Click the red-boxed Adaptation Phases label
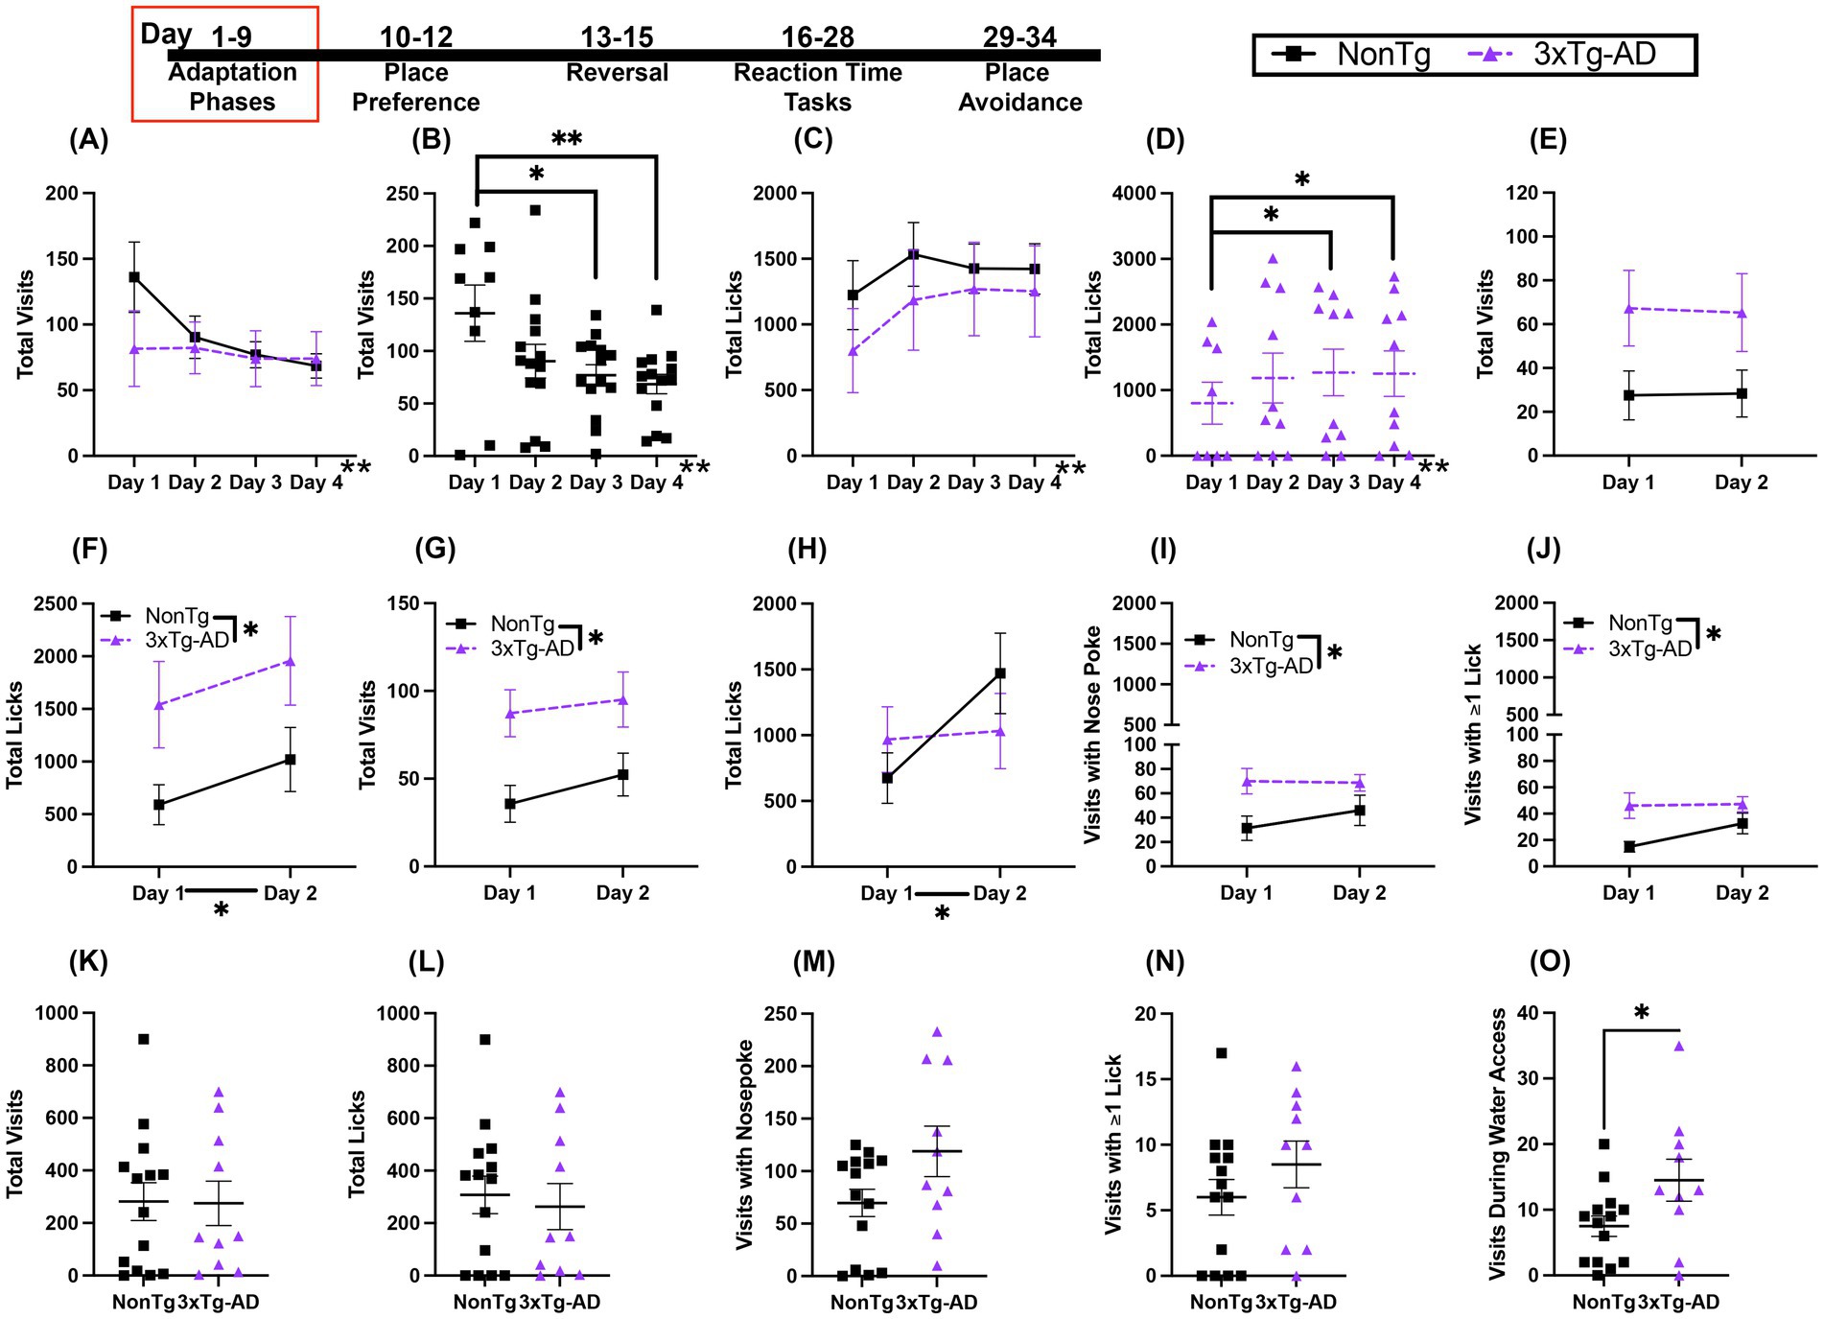click(232, 86)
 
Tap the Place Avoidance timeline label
click(1019, 86)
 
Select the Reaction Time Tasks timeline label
click(817, 86)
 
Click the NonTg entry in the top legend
click(1353, 54)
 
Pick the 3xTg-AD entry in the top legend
click(1562, 54)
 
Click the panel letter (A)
click(88, 140)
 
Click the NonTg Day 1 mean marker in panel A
click(134, 277)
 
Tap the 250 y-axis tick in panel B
click(403, 194)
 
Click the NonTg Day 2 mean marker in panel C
click(913, 254)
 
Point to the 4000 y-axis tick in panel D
click(1136, 194)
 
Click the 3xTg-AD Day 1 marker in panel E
click(1628, 308)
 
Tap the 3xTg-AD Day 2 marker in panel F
click(290, 661)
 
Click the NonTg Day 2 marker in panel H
click(1000, 673)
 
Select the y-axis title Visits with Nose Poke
click(1092, 735)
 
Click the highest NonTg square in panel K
click(144, 1039)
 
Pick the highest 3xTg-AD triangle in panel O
click(1679, 1046)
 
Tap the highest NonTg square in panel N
click(1221, 1053)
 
